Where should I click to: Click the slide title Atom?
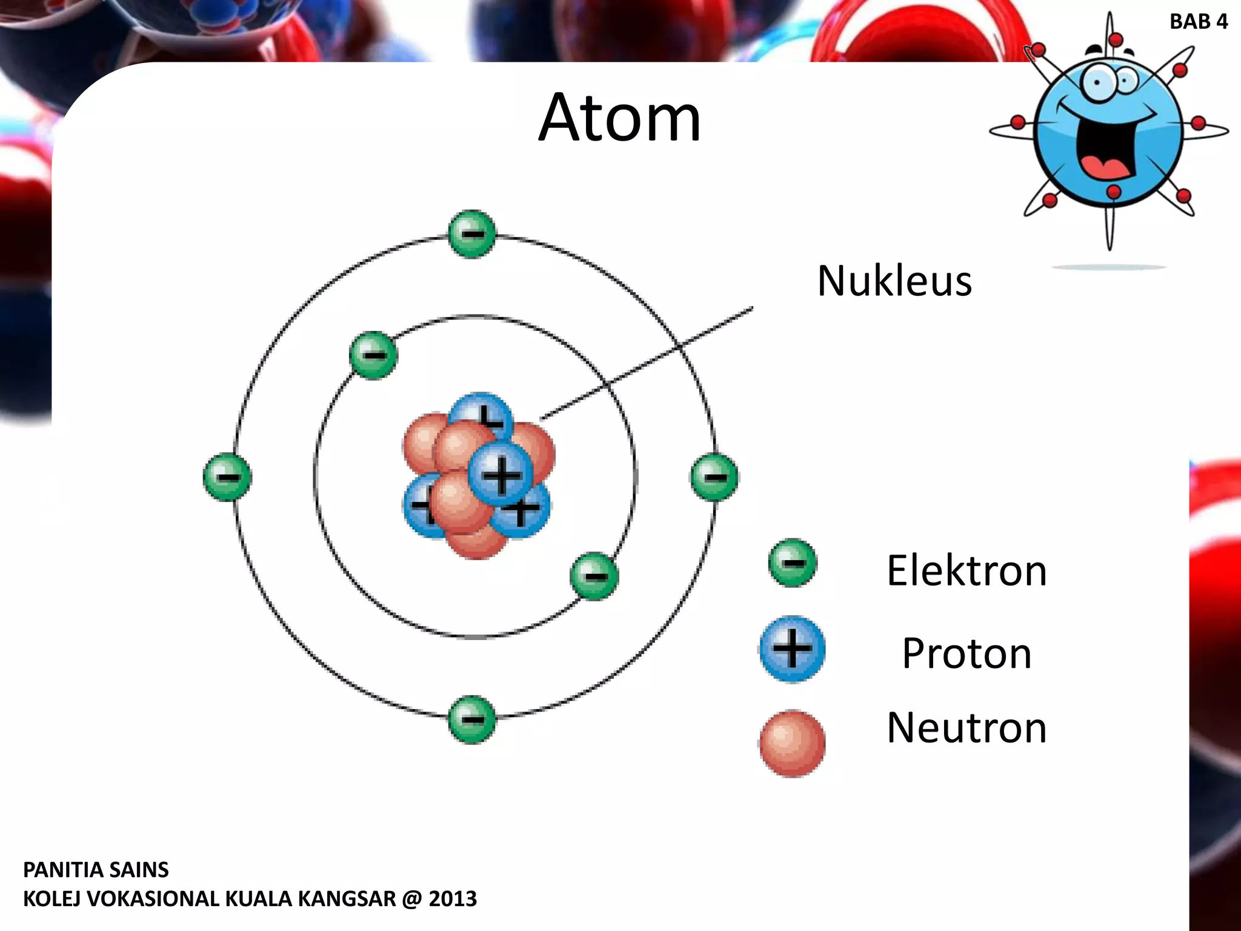point(619,118)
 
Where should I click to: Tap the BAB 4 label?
point(1198,22)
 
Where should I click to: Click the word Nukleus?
point(894,281)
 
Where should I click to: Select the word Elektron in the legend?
point(967,571)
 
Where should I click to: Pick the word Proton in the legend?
point(967,654)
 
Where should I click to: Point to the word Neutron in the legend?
point(967,728)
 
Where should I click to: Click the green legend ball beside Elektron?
point(792,563)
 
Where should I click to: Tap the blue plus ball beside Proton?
point(792,649)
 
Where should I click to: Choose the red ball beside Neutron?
point(792,743)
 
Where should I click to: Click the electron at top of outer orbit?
point(472,234)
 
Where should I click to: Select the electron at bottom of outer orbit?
point(472,719)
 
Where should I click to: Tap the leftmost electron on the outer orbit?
point(227,477)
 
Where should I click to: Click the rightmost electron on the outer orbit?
point(714,477)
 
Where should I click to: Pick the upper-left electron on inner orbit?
point(373,355)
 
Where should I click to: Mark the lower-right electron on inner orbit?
point(594,576)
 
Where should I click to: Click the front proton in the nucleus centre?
point(501,475)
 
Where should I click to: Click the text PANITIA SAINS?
point(96,870)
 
